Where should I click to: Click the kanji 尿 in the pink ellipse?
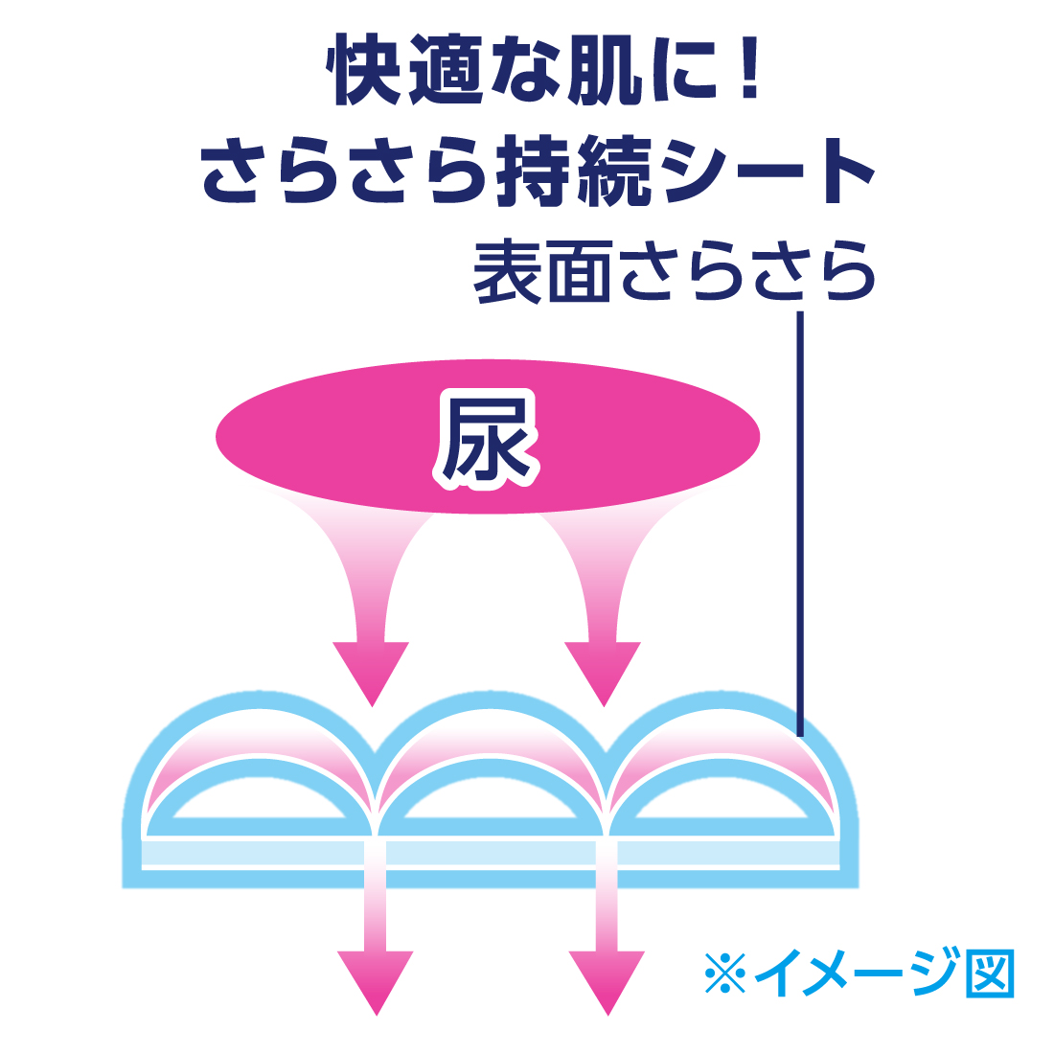487,439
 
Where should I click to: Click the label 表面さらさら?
674,273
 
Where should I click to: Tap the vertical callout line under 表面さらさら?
800,517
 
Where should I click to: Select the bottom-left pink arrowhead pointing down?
376,981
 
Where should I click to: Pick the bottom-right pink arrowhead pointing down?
607,981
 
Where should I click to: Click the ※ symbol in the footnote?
724,974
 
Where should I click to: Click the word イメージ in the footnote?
856,974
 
